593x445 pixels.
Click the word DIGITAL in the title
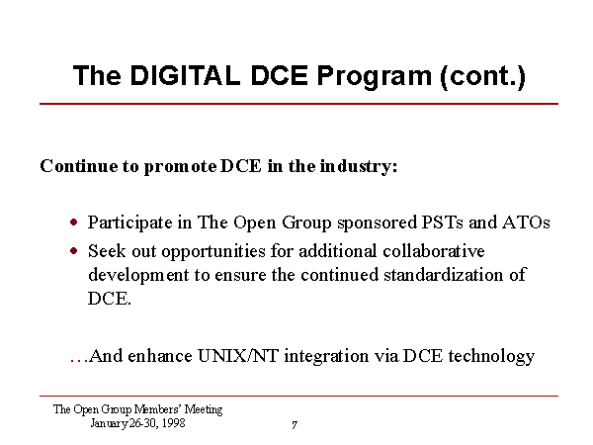pyautogui.click(x=185, y=75)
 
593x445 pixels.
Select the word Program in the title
pyautogui.click(x=374, y=77)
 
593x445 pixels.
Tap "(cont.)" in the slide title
pyautogui.click(x=482, y=77)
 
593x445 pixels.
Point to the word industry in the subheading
pyautogui.click(x=359, y=166)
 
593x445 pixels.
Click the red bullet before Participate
pyautogui.click(x=74, y=222)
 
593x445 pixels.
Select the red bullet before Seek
pyautogui.click(x=74, y=251)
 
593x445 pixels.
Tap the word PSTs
pyautogui.click(x=442, y=222)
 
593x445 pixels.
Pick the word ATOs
pyautogui.click(x=526, y=222)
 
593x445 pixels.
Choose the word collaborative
pyautogui.click(x=434, y=251)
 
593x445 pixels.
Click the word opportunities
pyautogui.click(x=213, y=252)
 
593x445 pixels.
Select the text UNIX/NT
pyautogui.click(x=238, y=356)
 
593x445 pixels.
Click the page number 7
pyautogui.click(x=295, y=425)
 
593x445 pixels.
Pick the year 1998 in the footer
pyautogui.click(x=173, y=422)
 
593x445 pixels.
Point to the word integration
pyautogui.click(x=326, y=357)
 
